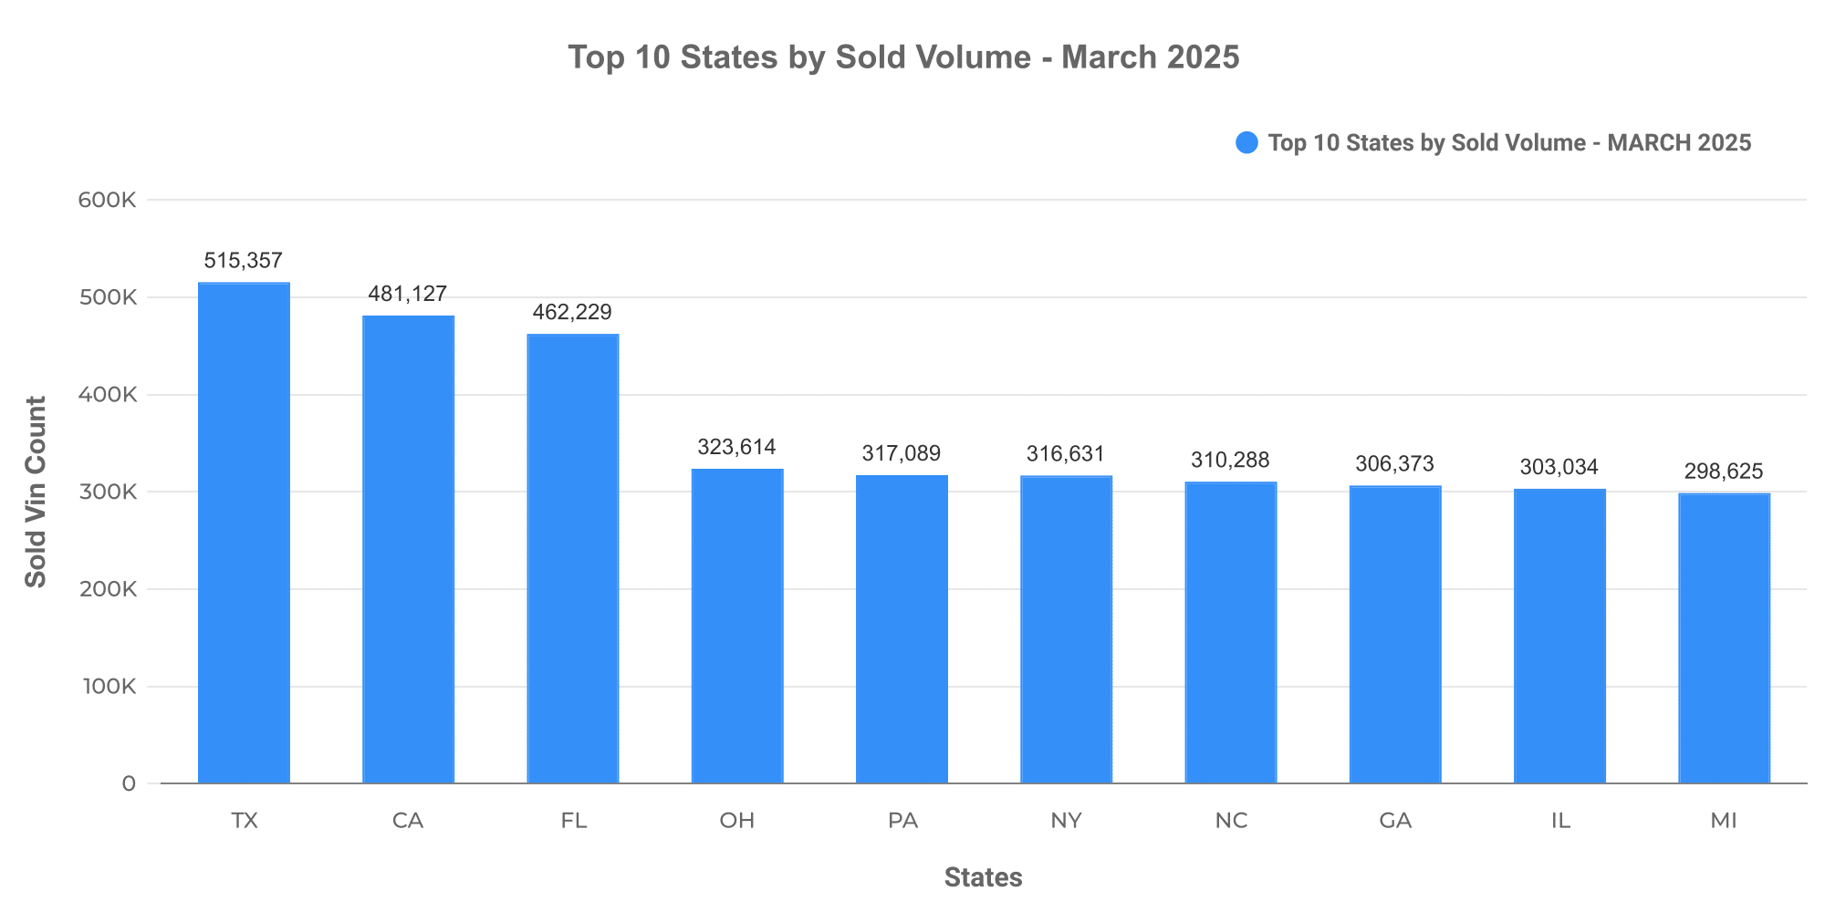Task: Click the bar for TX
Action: pos(244,534)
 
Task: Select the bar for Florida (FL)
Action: pos(573,559)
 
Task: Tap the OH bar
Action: pos(737,627)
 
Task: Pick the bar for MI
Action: pos(1724,638)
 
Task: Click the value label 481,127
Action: pos(408,295)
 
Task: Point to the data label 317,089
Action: pos(902,453)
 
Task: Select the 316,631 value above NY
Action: pos(1066,454)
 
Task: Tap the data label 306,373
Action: pos(1394,464)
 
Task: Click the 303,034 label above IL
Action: pos(1559,468)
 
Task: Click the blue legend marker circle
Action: pos(1246,143)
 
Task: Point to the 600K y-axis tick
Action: pos(108,201)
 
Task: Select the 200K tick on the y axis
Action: pos(108,589)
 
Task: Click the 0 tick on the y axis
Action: pos(129,784)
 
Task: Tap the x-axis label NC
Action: pos(1231,821)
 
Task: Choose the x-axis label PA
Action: pos(902,821)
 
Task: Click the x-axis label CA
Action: pos(408,821)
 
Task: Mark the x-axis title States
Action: pos(983,877)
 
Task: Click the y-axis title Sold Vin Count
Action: pos(36,492)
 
